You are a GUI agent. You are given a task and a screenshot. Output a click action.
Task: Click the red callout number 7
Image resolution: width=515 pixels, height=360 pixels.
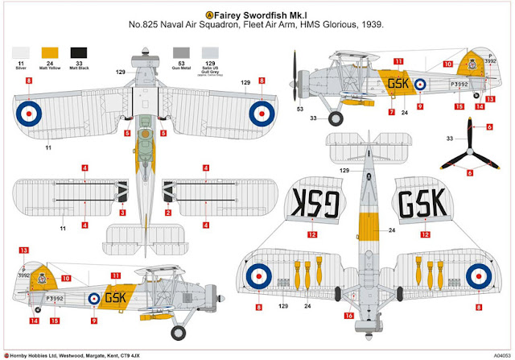coord(390,112)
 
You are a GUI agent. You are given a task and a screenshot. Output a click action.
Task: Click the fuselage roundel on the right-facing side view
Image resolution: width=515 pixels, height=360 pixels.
coord(93,297)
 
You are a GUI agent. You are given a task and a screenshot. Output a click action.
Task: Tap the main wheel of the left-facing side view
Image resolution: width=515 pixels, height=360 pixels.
coord(336,118)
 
